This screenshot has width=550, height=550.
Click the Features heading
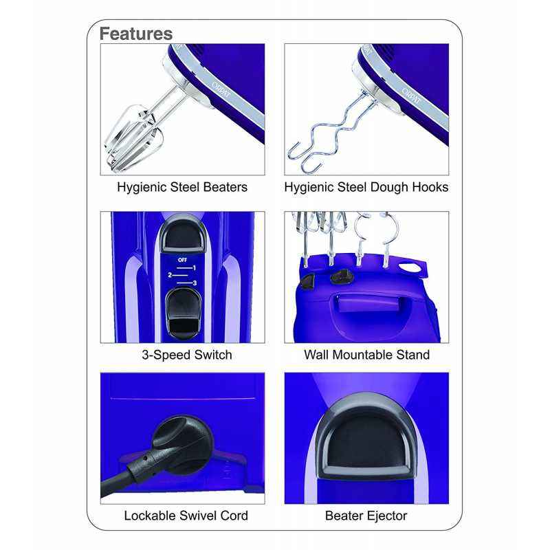(x=135, y=34)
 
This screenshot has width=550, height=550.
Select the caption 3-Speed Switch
(x=186, y=355)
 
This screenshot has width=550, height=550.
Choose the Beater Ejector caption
(x=366, y=516)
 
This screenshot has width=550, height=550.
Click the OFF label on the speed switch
(x=182, y=260)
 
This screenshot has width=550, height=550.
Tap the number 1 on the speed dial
(x=195, y=268)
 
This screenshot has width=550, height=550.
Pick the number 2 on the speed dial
(x=170, y=275)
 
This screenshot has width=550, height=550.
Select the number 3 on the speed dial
(x=195, y=283)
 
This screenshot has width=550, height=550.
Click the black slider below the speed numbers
(x=183, y=314)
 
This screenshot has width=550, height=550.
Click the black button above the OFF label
(x=182, y=234)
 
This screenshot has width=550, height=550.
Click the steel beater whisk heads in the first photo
(x=133, y=140)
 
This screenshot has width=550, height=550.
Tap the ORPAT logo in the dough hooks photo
(x=410, y=96)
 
